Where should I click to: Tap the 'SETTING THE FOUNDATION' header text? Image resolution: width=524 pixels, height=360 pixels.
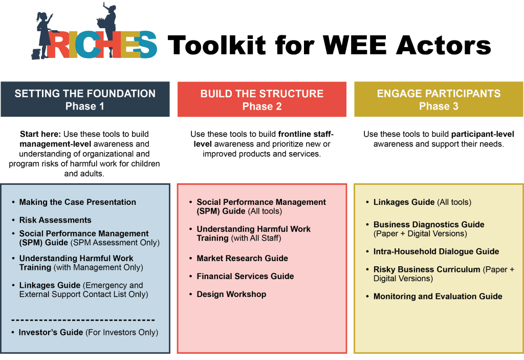coord(85,94)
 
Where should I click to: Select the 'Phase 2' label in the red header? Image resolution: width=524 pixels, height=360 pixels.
coord(262,107)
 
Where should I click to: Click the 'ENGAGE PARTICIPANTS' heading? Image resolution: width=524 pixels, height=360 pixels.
coord(439,94)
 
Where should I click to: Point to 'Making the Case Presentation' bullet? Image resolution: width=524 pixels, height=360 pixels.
coord(78,202)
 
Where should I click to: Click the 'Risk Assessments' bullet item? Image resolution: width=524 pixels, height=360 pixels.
coord(55,220)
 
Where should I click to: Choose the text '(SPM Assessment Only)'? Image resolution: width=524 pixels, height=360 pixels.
coord(115,243)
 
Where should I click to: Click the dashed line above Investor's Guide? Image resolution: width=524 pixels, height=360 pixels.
coord(83,320)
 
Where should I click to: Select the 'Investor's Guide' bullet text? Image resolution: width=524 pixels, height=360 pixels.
coord(51,332)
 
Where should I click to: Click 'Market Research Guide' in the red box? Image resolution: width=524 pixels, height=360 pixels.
coord(242,259)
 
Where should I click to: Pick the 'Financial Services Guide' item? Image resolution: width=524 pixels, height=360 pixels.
coord(245,277)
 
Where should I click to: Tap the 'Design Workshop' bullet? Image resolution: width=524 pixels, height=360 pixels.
coord(231,294)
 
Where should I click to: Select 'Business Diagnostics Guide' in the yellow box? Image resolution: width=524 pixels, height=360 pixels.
coord(429,225)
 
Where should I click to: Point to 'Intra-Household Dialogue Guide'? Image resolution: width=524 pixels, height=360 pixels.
coord(436,251)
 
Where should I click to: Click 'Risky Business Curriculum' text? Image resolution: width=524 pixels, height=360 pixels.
coord(427,269)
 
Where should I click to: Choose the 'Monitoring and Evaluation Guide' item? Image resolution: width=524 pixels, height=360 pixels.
coord(438,297)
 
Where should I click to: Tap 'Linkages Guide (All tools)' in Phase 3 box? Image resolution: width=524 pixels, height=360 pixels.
coord(422,202)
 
